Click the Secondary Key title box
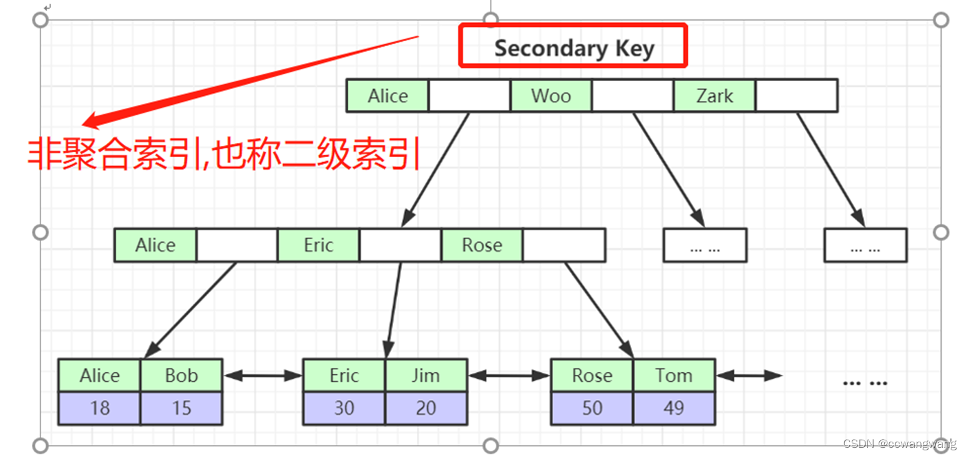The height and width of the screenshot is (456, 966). click(x=573, y=46)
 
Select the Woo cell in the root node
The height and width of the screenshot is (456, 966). click(x=550, y=95)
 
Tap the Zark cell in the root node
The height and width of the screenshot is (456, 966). click(x=715, y=95)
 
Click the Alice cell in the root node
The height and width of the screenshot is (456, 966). click(x=388, y=95)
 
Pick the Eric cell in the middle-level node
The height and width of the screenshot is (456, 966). click(x=318, y=245)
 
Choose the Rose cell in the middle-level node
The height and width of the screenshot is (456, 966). click(x=482, y=245)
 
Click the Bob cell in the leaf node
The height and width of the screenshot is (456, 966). click(x=181, y=376)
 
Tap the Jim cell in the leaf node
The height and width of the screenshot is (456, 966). click(x=426, y=376)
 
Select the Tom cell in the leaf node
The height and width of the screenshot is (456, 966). click(x=674, y=376)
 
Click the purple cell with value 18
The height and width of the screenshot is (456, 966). click(x=100, y=408)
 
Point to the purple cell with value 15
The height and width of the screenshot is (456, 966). click(x=181, y=408)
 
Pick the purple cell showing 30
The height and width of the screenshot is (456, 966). click(x=344, y=408)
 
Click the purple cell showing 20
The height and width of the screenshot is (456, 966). click(x=426, y=408)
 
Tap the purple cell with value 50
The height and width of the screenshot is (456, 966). click(x=592, y=408)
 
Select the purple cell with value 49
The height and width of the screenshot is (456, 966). click(x=674, y=408)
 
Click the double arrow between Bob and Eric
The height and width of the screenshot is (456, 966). click(x=263, y=376)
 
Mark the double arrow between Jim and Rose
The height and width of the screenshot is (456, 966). click(x=509, y=376)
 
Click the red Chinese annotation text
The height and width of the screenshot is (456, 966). click(x=223, y=155)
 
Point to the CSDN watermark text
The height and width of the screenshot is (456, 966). click(x=899, y=444)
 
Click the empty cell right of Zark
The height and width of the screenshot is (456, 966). click(x=796, y=95)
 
